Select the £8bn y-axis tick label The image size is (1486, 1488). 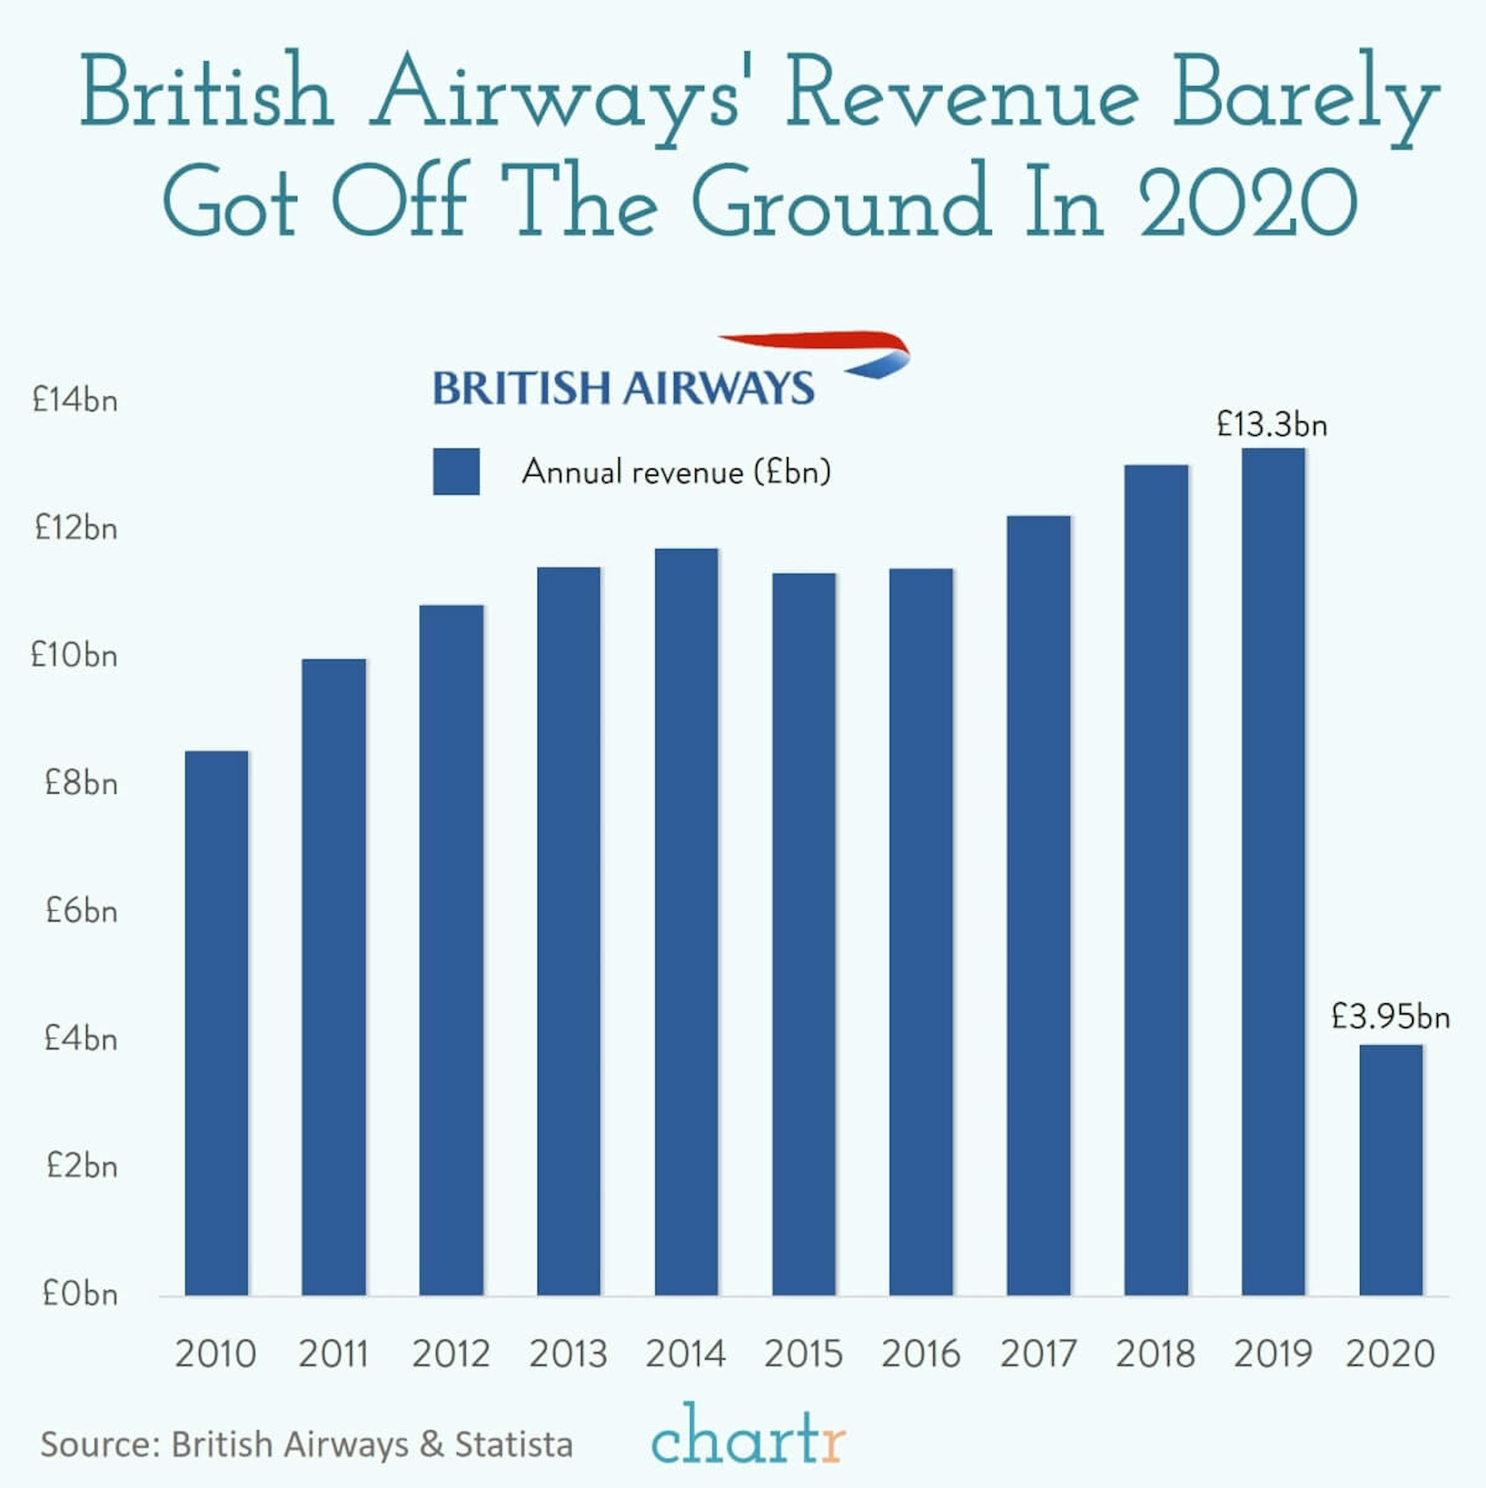[x=81, y=783]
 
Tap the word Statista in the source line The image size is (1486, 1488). [x=514, y=1445]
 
